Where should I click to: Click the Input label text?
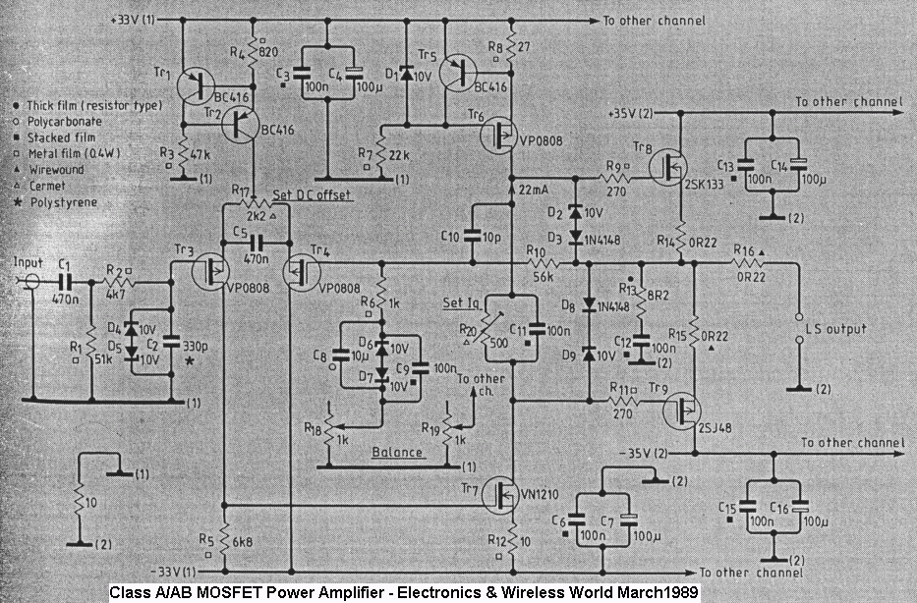28,263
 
